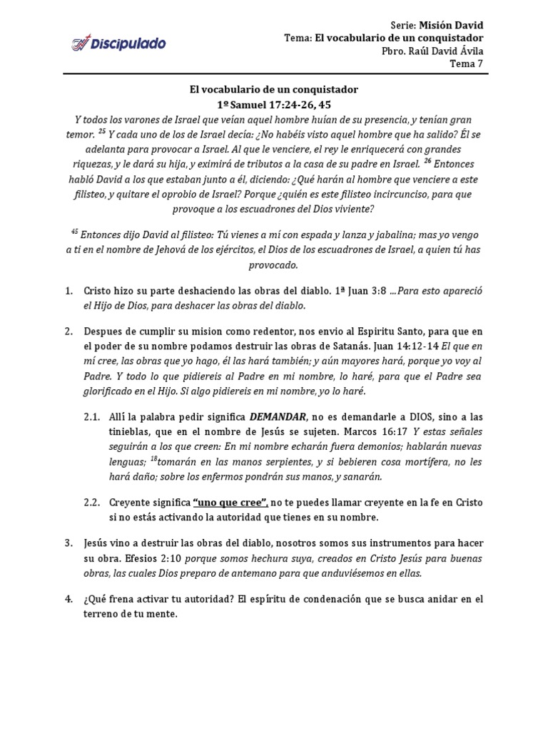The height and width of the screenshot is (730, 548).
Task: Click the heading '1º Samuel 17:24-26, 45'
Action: click(x=273, y=104)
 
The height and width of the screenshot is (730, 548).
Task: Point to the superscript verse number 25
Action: click(x=102, y=131)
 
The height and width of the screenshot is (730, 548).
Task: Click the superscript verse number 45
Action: click(x=74, y=232)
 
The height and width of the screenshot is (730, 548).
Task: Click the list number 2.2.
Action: click(x=92, y=502)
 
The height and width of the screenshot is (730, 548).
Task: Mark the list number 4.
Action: click(x=69, y=599)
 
